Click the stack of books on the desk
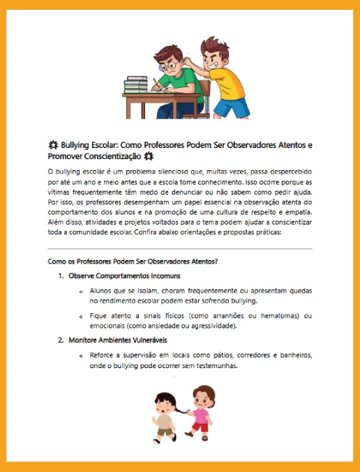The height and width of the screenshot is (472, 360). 136,85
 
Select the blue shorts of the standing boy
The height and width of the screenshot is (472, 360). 232,108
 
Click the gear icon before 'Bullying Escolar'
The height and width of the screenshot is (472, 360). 53,145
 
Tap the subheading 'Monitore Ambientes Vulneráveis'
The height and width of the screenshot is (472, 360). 119,340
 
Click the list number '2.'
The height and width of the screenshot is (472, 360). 61,340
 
